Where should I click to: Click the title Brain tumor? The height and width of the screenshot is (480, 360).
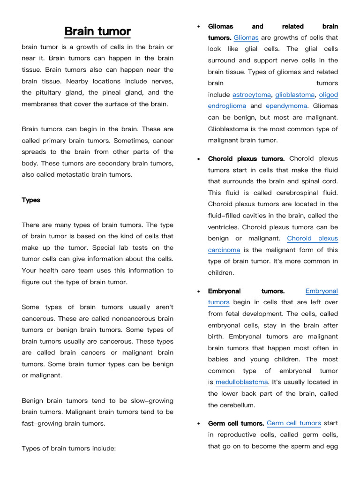tap(97, 31)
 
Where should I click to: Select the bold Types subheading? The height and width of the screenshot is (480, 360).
tap(31, 200)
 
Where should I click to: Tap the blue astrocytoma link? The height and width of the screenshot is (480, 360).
tap(252, 95)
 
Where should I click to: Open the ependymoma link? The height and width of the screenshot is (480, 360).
tap(286, 106)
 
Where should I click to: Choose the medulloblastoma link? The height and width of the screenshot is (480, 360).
tap(242, 382)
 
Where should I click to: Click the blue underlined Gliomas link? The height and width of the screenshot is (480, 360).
tap(246, 38)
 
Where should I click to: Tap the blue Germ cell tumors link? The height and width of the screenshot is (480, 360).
tap(294, 423)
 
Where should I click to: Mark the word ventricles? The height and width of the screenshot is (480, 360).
tap(223, 227)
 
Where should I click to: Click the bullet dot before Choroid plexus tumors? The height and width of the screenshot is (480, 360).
tap(199, 159)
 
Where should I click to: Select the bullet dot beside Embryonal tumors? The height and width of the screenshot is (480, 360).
tap(199, 291)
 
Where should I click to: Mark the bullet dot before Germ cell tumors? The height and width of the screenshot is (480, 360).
tap(199, 423)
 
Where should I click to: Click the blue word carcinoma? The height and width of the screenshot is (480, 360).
tap(224, 250)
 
